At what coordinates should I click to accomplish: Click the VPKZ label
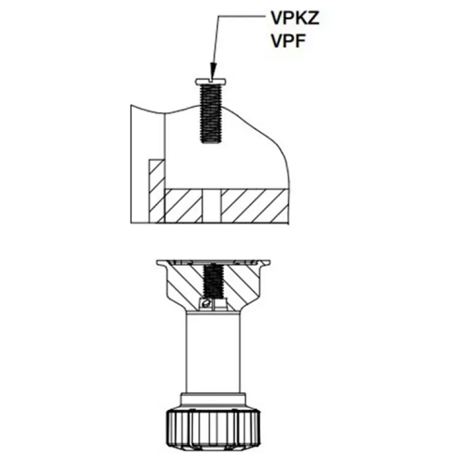tap(295, 19)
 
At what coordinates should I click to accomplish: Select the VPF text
tap(288, 41)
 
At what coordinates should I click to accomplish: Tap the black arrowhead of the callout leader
tap(213, 70)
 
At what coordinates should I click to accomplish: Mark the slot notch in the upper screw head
tap(212, 80)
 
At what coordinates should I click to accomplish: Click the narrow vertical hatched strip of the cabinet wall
tap(156, 191)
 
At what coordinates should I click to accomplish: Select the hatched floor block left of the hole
tap(183, 206)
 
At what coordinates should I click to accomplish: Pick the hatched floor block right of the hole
tap(255, 206)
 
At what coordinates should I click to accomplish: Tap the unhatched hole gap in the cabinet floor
tap(212, 206)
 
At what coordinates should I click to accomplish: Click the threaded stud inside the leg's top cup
tap(213, 281)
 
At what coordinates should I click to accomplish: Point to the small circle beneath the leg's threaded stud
tap(205, 303)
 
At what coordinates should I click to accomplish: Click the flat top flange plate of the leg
tap(213, 263)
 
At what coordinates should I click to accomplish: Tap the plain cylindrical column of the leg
tap(213, 353)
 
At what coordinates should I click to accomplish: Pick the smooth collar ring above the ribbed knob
tap(213, 401)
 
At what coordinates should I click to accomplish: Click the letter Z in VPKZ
tap(314, 19)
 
